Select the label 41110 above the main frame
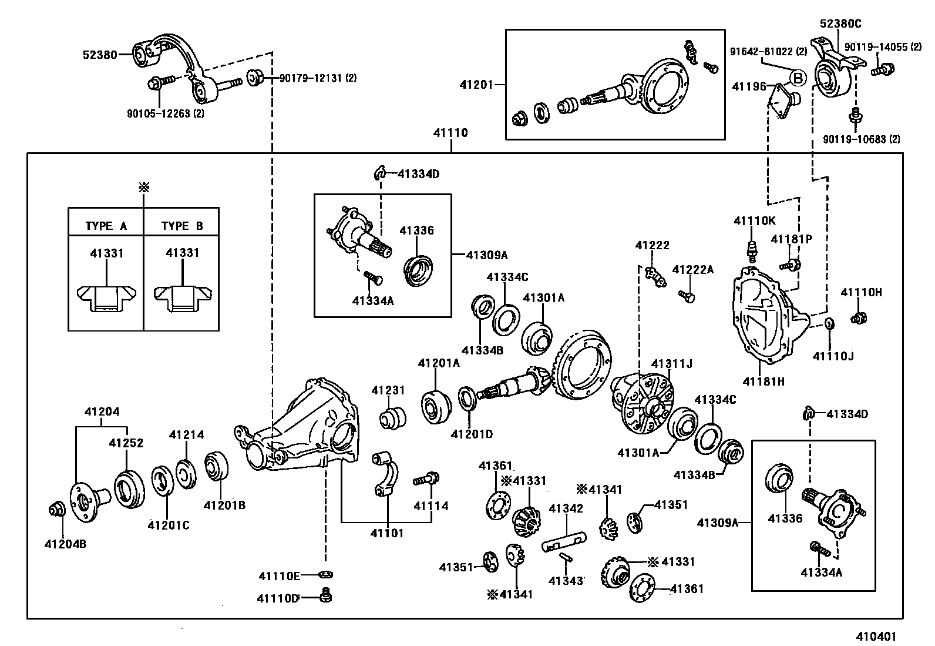(x=450, y=133)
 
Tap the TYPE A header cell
(x=106, y=226)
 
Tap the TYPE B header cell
(x=182, y=226)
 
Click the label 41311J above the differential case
(x=671, y=364)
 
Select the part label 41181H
(x=764, y=381)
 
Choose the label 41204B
(x=65, y=544)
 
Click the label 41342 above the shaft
(x=566, y=508)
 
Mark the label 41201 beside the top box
(x=476, y=85)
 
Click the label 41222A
(x=692, y=270)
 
